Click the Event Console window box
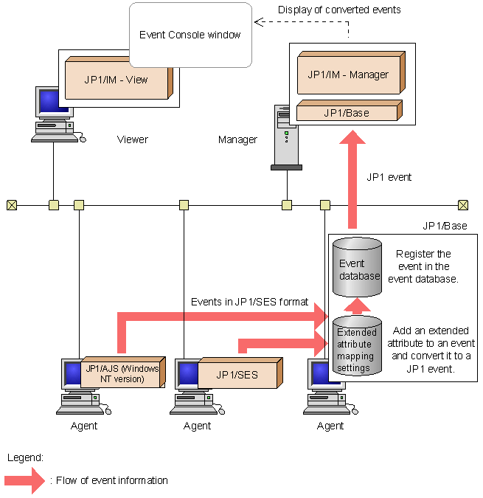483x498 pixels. [190, 35]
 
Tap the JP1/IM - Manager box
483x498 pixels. [347, 75]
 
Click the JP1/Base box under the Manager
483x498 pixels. [346, 113]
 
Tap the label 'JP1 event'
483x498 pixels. [389, 177]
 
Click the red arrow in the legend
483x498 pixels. [26, 480]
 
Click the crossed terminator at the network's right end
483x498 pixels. [463, 205]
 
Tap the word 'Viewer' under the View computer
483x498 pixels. [133, 139]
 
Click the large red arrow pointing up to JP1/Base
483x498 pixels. [352, 177]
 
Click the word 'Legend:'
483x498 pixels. [25, 457]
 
